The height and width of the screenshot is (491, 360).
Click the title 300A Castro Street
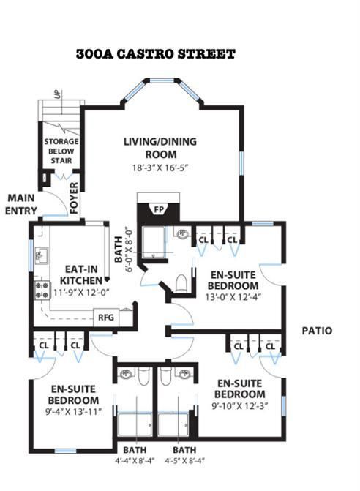pyautogui.click(x=155, y=54)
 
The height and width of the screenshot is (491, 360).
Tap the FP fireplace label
pyautogui.click(x=159, y=209)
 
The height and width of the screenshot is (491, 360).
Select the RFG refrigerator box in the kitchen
pyautogui.click(x=106, y=318)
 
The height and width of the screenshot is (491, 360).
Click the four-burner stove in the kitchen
pyautogui.click(x=42, y=290)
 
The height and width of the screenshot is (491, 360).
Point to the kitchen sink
pyautogui.click(x=41, y=255)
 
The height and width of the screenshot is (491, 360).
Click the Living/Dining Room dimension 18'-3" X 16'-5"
pyautogui.click(x=160, y=168)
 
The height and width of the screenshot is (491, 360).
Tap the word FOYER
pyautogui.click(x=74, y=198)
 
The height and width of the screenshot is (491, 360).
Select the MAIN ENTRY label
pyautogui.click(x=21, y=204)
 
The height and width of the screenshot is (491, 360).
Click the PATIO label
pyautogui.click(x=317, y=331)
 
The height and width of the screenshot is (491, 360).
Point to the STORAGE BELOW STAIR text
pyautogui.click(x=61, y=151)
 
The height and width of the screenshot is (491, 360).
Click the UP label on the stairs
pyautogui.click(x=59, y=94)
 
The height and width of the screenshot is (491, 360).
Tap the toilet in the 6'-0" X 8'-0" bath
pyautogui.click(x=181, y=283)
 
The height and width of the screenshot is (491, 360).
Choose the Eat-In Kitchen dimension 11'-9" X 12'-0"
pyautogui.click(x=80, y=293)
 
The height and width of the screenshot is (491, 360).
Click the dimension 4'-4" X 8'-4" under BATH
pyautogui.click(x=135, y=460)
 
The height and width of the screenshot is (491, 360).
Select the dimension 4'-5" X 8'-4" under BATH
pyautogui.click(x=184, y=460)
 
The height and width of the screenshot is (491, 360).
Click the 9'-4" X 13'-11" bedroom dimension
pyautogui.click(x=74, y=411)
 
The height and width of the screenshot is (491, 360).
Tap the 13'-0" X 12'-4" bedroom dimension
pyautogui.click(x=233, y=296)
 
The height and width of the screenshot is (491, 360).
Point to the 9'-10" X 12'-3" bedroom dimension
pyautogui.click(x=240, y=406)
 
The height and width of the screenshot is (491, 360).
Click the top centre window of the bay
pyautogui.click(x=162, y=80)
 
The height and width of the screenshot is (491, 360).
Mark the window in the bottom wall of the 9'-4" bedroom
pyautogui.click(x=65, y=451)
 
